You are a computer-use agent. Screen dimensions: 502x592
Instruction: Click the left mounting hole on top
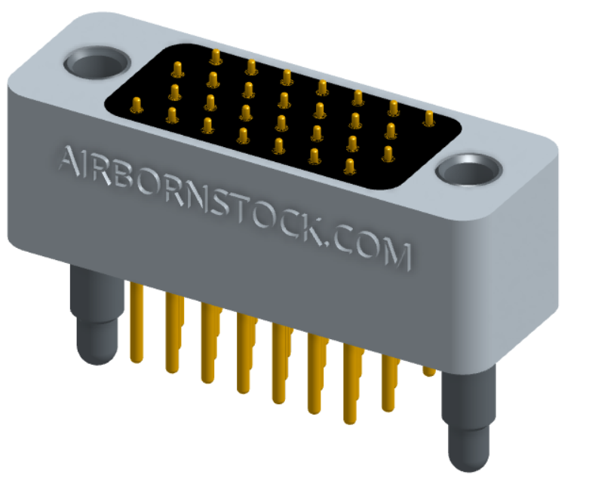[97, 63]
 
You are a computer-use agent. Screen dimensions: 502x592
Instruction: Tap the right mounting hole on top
[469, 171]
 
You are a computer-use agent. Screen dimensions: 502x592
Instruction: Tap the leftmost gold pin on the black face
[136, 103]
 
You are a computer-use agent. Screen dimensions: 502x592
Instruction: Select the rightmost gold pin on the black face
[428, 118]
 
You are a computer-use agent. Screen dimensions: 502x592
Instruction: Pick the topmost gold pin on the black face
[216, 56]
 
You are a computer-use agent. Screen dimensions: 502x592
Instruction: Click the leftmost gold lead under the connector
[136, 324]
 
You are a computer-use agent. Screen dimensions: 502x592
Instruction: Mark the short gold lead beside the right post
[428, 369]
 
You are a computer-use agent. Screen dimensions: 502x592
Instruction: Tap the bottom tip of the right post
[464, 463]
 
